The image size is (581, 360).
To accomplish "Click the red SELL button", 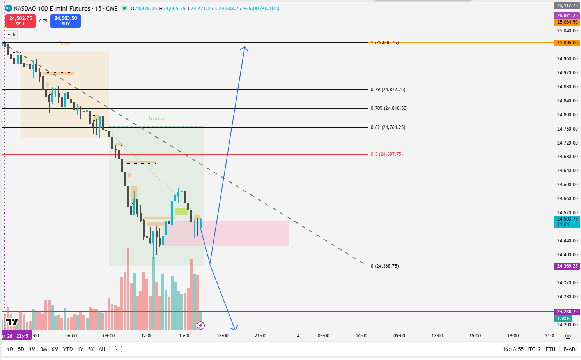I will pyautogui.click(x=21, y=21).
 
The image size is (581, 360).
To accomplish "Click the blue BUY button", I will pyautogui.click(x=66, y=21).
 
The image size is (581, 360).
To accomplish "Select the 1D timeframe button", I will pyautogui.click(x=10, y=349).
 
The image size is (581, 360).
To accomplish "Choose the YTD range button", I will pyautogui.click(x=68, y=349).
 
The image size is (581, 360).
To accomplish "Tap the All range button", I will pyautogui.click(x=102, y=349).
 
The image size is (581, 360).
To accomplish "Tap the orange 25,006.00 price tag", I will pyautogui.click(x=567, y=43).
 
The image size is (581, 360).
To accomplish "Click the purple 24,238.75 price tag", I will pyautogui.click(x=567, y=312).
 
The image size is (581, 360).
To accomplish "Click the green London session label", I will pyautogui.click(x=156, y=118).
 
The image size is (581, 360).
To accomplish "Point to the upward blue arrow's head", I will pyautogui.click(x=244, y=48).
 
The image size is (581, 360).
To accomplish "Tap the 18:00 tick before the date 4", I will pyautogui.click(x=223, y=336).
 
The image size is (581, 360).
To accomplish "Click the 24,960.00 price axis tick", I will pyautogui.click(x=567, y=59).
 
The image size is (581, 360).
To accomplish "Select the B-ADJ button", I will pyautogui.click(x=570, y=349).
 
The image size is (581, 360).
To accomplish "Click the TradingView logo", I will pyautogui.click(x=12, y=322).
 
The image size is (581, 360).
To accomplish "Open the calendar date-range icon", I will pyautogui.click(x=119, y=349).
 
